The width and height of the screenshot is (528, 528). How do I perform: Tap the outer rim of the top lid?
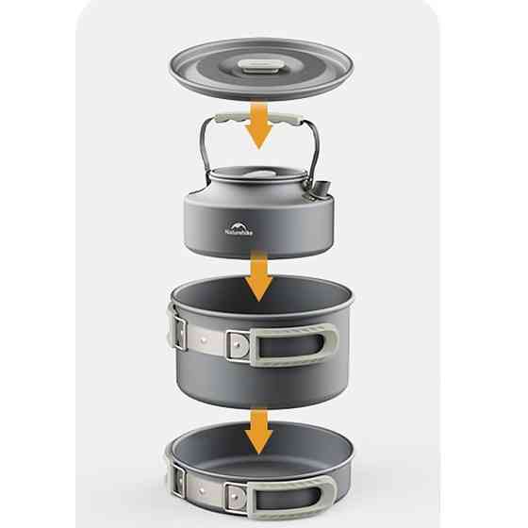point(189,80)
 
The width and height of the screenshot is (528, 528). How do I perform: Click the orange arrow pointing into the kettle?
point(261,130)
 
